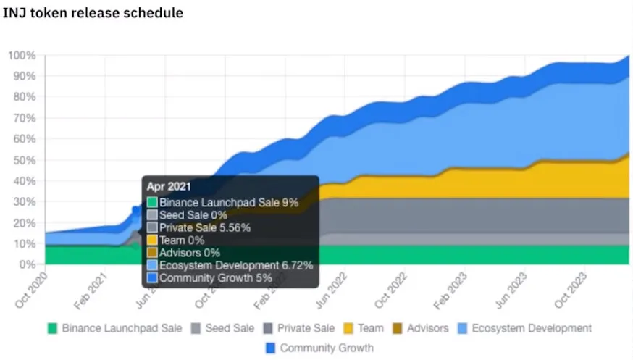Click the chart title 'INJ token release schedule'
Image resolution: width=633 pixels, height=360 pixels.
[93, 13]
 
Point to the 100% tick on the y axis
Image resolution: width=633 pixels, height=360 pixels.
[22, 56]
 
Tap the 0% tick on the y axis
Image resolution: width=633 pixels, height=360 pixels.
[28, 264]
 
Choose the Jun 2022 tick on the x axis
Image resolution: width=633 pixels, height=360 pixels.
[335, 286]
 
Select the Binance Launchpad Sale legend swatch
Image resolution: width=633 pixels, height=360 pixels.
[52, 328]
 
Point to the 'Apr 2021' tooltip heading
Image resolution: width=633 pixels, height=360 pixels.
[169, 187]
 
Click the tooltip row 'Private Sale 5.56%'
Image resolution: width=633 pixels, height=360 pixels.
[205, 227]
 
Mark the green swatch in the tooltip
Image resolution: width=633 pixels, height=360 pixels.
[152, 203]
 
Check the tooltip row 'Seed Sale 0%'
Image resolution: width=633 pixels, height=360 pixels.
[193, 215]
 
